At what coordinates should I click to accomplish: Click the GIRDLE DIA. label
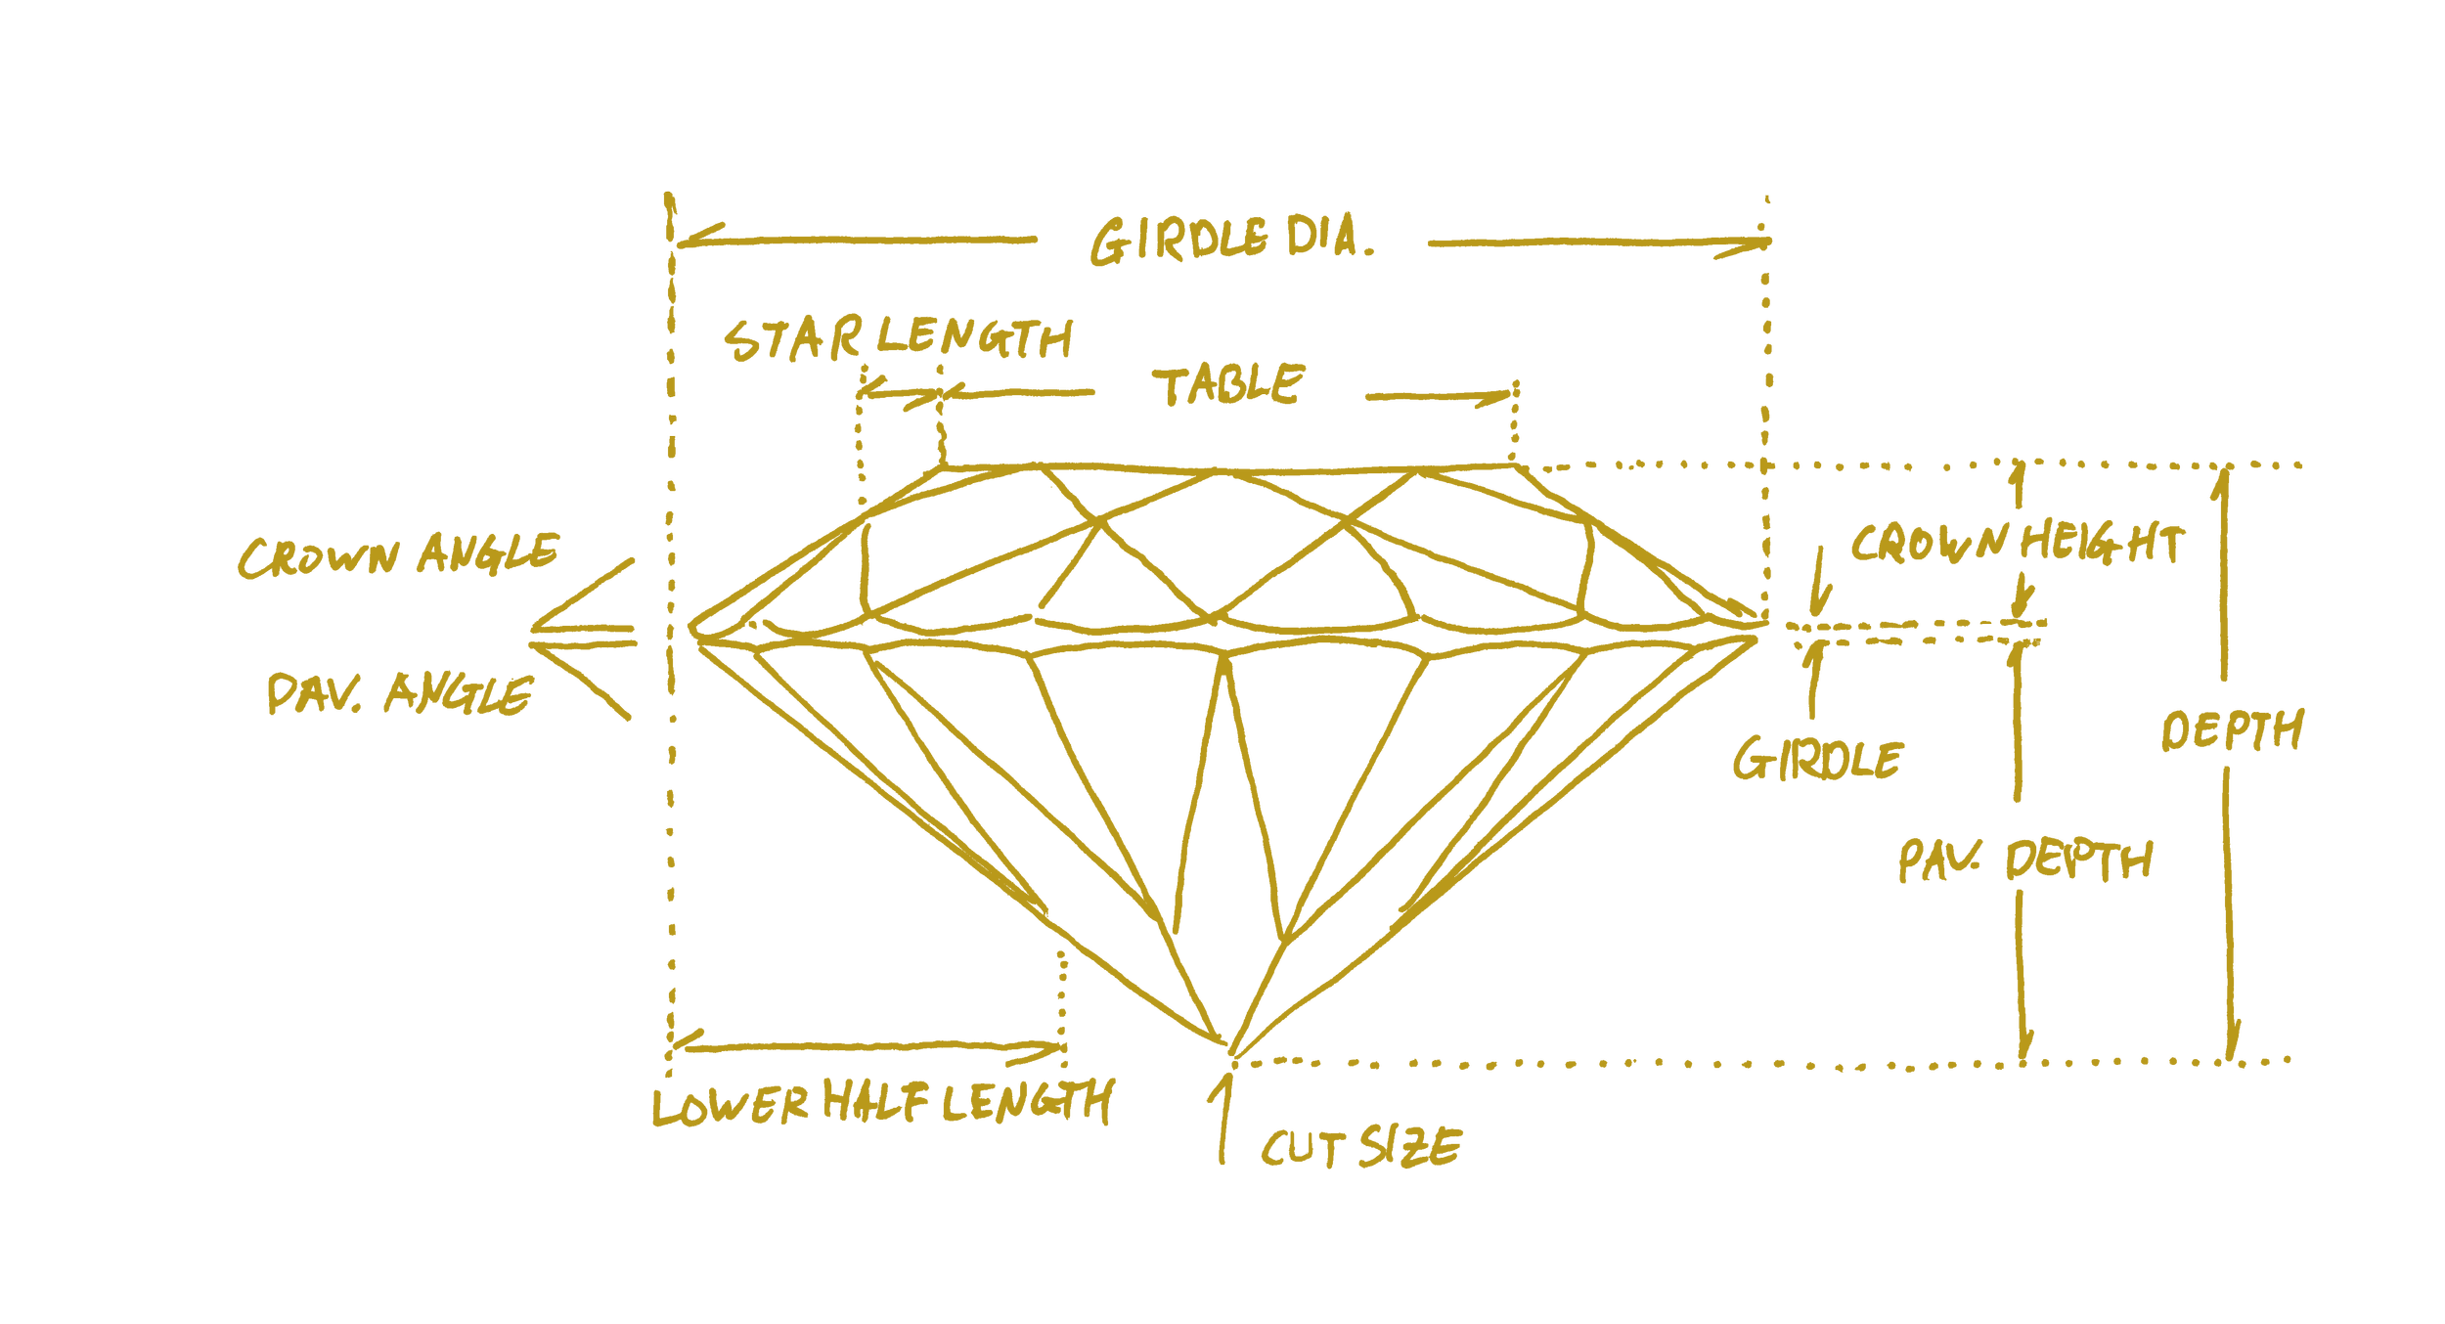click(x=1230, y=242)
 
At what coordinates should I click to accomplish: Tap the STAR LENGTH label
click(x=898, y=339)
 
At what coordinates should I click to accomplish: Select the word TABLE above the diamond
click(x=1228, y=384)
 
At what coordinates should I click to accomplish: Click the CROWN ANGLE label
click(x=397, y=554)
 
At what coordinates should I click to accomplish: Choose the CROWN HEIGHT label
click(x=2016, y=544)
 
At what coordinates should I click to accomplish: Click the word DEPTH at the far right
click(x=2231, y=730)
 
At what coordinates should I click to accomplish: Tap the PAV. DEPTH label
click(x=2024, y=861)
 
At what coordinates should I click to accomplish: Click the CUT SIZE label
click(x=1360, y=1147)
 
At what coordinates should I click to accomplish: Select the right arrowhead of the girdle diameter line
click(x=1756, y=244)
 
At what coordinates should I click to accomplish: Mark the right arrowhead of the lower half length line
click(x=1054, y=1050)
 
